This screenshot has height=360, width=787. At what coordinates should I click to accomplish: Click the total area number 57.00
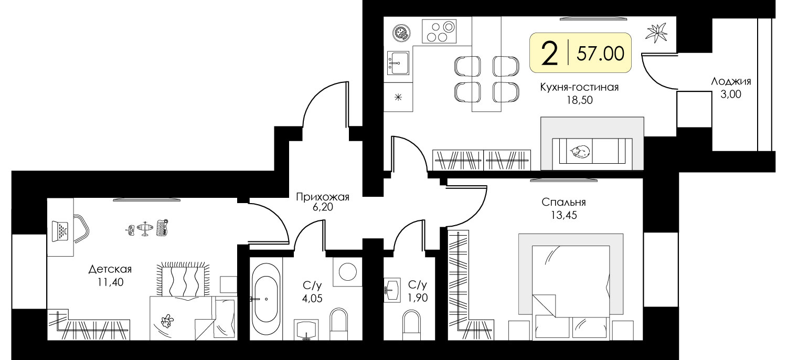coord(600,54)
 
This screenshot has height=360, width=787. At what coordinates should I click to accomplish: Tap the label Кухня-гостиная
coord(579,87)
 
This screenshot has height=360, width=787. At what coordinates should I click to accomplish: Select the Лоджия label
coord(731,81)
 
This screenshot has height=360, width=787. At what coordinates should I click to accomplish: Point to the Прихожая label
coord(323,196)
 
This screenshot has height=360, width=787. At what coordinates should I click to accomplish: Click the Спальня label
coord(563,202)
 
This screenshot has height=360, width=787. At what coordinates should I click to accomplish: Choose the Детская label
coord(110,269)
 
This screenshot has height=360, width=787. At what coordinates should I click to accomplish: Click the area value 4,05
coord(312,299)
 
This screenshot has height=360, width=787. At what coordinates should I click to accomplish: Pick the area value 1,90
coord(418,298)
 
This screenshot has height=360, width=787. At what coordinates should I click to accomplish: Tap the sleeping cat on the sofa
coord(580,152)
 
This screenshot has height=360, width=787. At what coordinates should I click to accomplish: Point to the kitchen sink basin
coord(398,63)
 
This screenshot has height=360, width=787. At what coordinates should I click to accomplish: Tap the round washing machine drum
coord(348,272)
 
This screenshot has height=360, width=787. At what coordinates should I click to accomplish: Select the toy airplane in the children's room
coord(145,228)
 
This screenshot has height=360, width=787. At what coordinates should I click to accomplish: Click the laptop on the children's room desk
coord(60,231)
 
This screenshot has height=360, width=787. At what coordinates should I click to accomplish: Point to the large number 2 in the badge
coord(550,53)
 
